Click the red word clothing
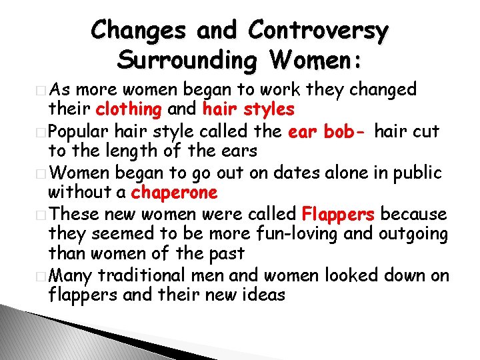[x=129, y=109]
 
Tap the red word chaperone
[x=175, y=193]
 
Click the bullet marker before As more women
[x=43, y=90]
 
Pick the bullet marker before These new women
[x=43, y=215]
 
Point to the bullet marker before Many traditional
[x=43, y=276]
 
